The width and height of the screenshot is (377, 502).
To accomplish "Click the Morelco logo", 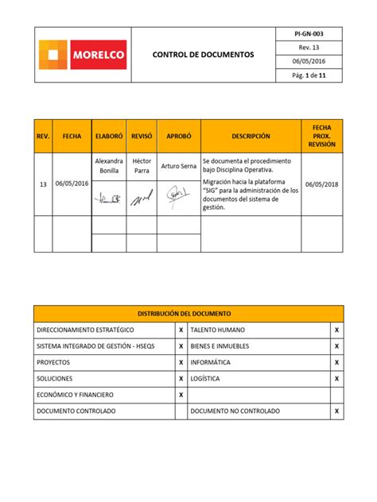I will click(82, 55).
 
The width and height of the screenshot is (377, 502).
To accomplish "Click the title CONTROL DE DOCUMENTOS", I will click(204, 56).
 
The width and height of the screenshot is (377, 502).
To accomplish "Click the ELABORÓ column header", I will click(108, 137).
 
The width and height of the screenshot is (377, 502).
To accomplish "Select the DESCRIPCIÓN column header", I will click(251, 137).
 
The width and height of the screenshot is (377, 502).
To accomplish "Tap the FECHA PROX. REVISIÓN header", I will click(322, 137).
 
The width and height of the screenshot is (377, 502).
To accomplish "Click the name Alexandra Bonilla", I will click(108, 166).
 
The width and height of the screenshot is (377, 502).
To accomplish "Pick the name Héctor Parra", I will click(142, 166).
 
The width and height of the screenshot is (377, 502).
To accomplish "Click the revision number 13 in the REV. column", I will click(43, 183).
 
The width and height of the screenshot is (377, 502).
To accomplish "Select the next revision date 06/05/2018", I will click(322, 183).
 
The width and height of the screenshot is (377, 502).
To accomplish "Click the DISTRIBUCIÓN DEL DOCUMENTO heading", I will click(188, 314).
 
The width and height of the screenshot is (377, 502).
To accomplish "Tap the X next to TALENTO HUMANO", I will click(336, 330).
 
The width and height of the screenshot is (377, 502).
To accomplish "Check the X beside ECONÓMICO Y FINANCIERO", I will click(181, 395).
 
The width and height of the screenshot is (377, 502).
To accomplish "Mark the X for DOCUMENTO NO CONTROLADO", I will click(336, 411).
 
